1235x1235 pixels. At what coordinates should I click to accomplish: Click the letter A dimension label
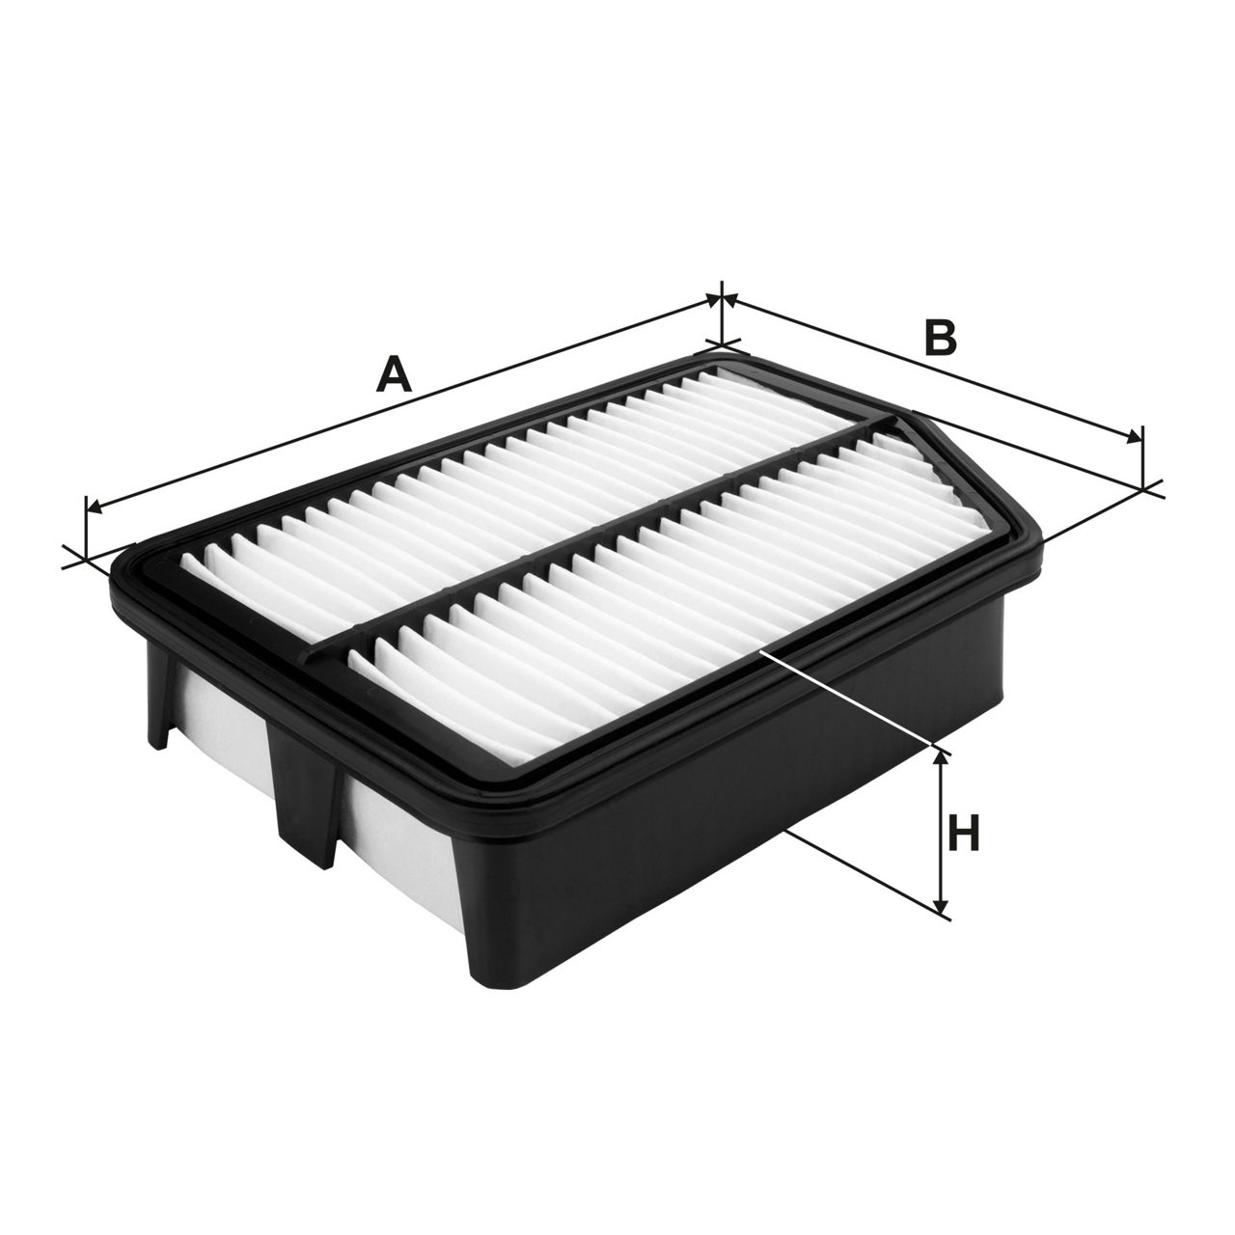point(393,375)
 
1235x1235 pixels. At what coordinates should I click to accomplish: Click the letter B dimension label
point(940,338)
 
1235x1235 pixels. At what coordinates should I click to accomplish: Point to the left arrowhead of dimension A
point(94,507)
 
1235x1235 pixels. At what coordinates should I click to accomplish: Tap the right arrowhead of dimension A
point(713,300)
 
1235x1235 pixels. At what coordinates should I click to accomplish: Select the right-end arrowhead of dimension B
point(1135,437)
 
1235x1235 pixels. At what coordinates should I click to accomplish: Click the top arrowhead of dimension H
point(940,759)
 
